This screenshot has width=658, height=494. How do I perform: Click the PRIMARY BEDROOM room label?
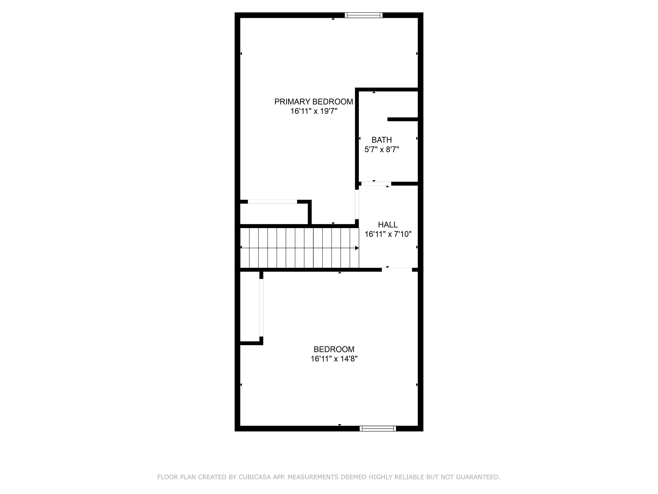tap(314, 102)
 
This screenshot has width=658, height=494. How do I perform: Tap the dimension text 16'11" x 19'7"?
tap(314, 111)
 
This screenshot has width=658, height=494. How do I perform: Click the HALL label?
tap(388, 224)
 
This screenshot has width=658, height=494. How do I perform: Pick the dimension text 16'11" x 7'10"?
tap(388, 234)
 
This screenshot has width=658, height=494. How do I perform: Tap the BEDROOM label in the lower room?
tap(334, 349)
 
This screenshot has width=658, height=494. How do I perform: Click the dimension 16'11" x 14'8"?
tap(334, 358)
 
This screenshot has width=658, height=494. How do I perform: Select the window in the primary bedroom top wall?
tap(363, 15)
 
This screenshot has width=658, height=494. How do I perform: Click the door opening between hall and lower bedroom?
tap(397, 270)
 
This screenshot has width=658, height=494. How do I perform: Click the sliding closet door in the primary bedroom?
tap(272, 202)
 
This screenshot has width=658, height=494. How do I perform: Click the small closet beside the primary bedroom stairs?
tap(274, 214)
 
